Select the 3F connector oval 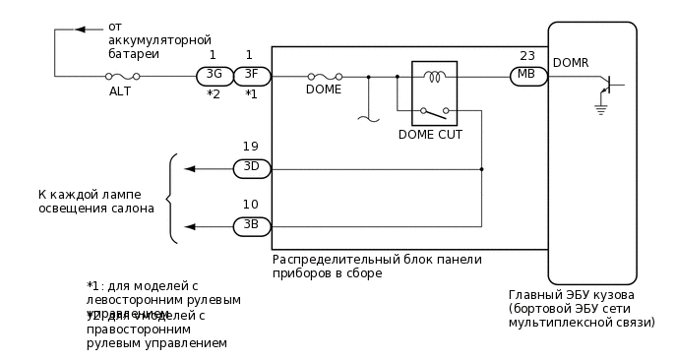[251, 75]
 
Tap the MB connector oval [527, 76]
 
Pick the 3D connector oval [251, 168]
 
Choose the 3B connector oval [251, 226]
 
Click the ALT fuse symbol [122, 76]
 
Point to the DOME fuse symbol [325, 76]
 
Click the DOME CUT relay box [426, 93]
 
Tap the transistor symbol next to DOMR [607, 86]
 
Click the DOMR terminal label [571, 62]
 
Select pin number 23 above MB [527, 55]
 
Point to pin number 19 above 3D [251, 147]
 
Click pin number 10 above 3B [251, 205]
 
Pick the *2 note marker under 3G [213, 94]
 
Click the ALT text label [119, 91]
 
